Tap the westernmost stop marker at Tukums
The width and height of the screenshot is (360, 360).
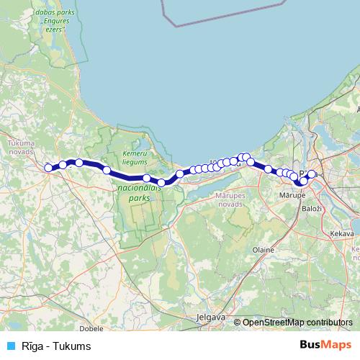pyautogui.click(x=48, y=168)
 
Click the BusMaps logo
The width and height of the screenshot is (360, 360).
pyautogui.click(x=325, y=346)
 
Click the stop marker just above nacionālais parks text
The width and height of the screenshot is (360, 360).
pyautogui.click(x=146, y=178)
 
